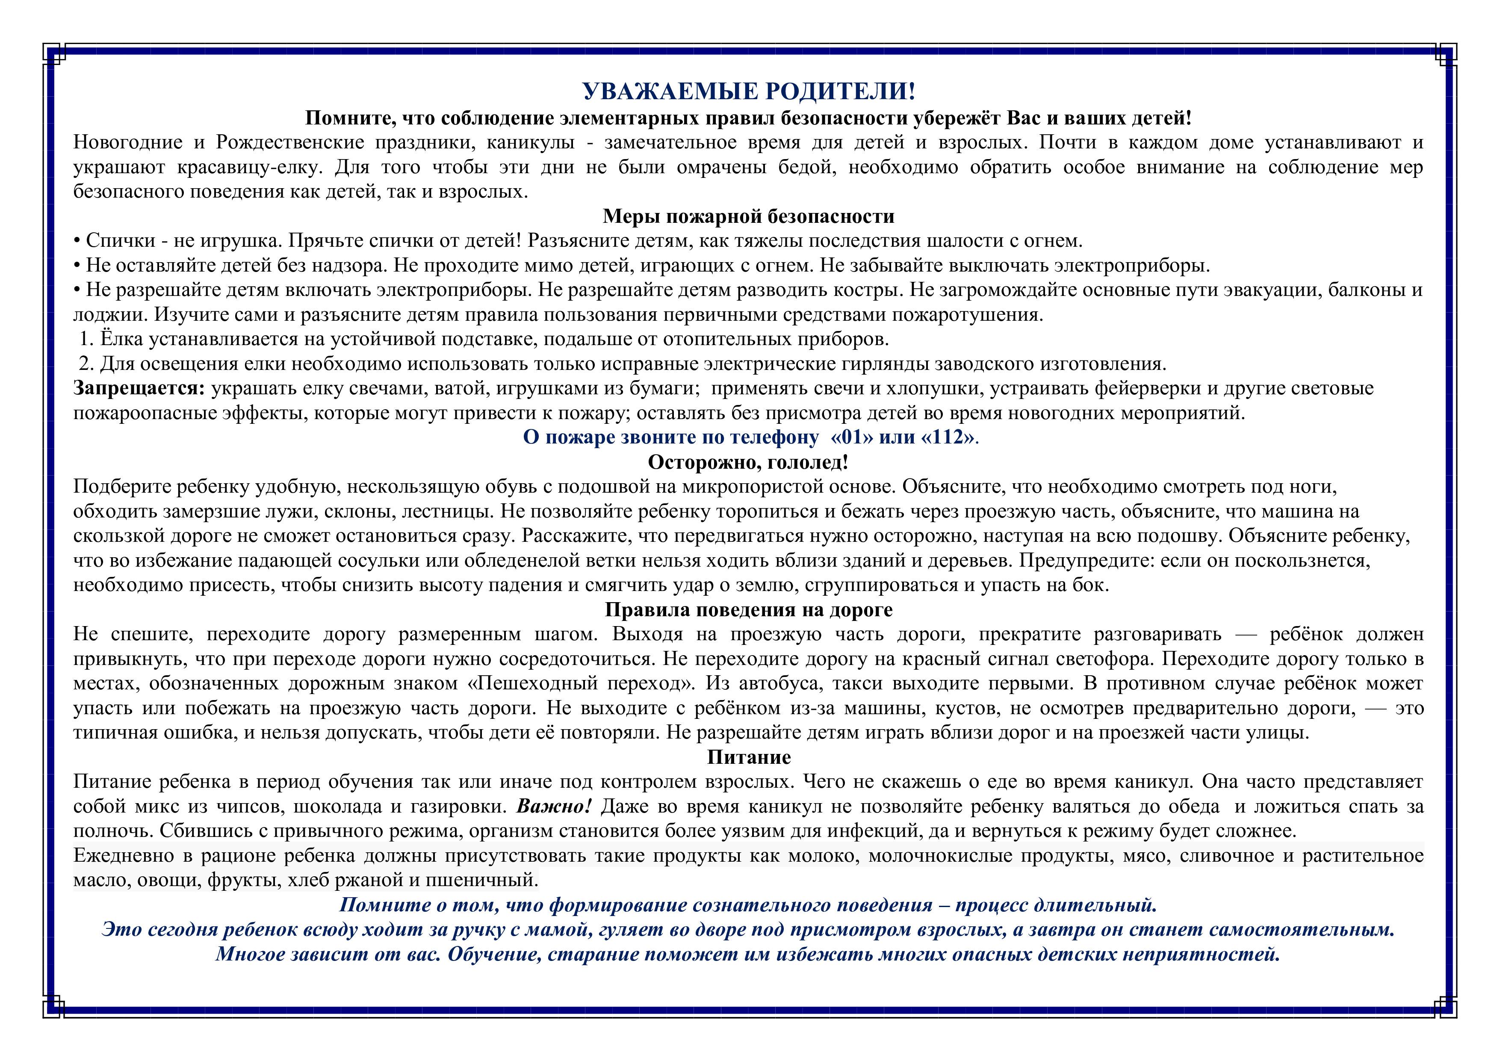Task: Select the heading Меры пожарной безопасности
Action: tap(749, 216)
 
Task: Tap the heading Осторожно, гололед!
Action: tap(749, 463)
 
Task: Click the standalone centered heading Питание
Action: tap(749, 757)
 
